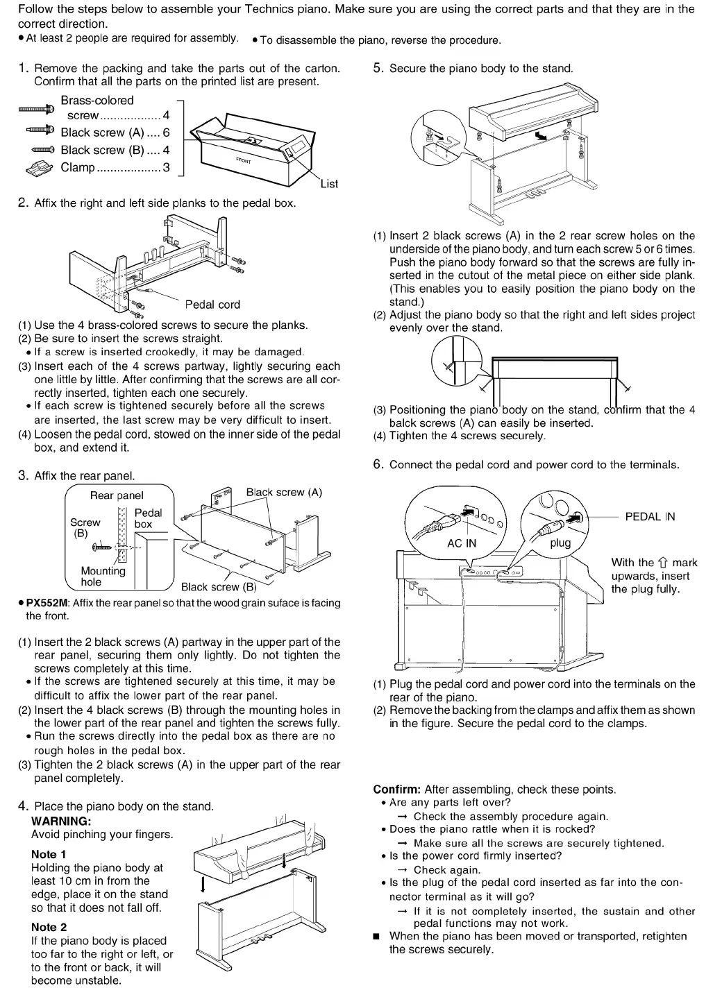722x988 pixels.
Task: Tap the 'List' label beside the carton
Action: click(329, 184)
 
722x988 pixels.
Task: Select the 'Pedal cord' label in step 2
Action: click(212, 304)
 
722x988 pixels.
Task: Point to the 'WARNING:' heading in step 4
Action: click(61, 821)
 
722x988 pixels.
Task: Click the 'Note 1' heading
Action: click(49, 854)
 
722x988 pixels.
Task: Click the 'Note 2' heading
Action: click(49, 927)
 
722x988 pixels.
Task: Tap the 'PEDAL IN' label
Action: click(650, 516)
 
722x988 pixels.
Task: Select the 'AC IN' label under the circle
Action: click(462, 543)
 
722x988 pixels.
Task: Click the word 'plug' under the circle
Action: click(560, 543)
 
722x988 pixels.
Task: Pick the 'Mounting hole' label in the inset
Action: click(103, 576)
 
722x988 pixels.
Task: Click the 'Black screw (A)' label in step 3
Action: click(284, 492)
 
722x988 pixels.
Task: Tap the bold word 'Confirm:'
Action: click(397, 790)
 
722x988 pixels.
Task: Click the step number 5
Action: click(378, 68)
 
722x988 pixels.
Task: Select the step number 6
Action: click(378, 464)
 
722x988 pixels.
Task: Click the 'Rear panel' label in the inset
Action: click(117, 495)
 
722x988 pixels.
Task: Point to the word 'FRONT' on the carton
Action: click(244, 160)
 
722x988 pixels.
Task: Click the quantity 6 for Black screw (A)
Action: click(166, 133)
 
